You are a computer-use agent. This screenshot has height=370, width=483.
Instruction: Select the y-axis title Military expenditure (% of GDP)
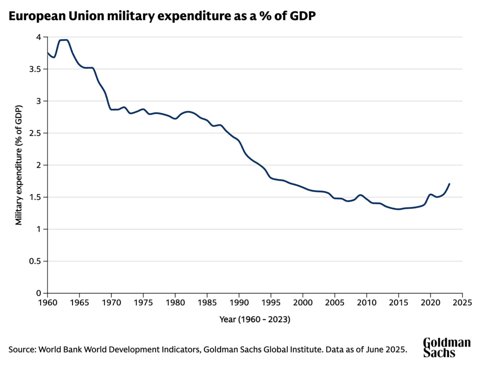[19, 165]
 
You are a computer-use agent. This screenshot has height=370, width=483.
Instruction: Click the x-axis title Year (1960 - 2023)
[255, 320]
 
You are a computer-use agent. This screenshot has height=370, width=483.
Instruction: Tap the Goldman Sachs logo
[446, 347]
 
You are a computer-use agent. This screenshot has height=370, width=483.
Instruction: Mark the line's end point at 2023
[450, 184]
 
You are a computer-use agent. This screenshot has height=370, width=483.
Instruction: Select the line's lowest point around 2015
[399, 209]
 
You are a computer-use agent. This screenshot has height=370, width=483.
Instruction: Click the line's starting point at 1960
[48, 52]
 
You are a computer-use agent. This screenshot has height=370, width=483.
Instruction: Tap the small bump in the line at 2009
[360, 195]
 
